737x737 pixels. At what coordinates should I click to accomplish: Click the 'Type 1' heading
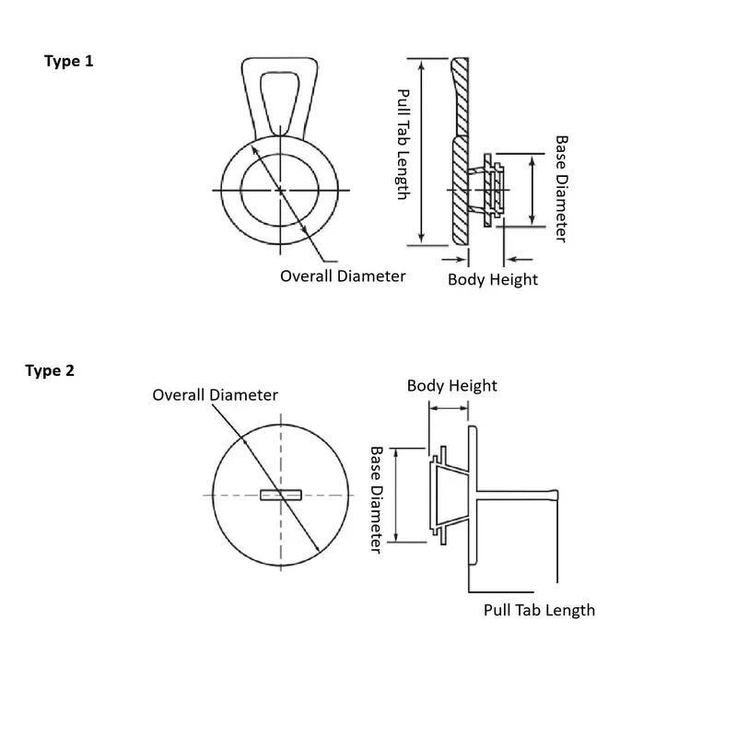coord(68,62)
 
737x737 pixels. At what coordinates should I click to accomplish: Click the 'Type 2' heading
coord(50,371)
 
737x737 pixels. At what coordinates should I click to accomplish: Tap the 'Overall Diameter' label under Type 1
coord(343,275)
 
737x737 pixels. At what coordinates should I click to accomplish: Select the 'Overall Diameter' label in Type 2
coord(215,395)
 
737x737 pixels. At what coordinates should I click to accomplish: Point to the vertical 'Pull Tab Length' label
coord(404,145)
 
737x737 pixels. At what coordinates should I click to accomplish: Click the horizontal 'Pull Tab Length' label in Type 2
coord(539,610)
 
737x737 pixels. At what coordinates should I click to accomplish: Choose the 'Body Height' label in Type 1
coord(493,279)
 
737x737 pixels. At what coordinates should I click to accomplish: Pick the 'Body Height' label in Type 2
coord(451,385)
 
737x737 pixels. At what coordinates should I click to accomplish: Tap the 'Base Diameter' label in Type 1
coord(562,189)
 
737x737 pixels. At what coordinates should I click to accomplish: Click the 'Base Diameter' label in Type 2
coord(376,499)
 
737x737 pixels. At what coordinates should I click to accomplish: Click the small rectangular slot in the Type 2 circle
coord(281,495)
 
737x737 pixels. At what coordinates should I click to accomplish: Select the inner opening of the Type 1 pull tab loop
coord(280,102)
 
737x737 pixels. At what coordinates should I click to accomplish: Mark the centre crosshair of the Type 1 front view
coord(281,191)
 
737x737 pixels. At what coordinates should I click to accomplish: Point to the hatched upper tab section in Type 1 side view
coord(461,97)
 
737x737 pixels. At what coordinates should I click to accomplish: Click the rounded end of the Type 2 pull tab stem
coord(556,495)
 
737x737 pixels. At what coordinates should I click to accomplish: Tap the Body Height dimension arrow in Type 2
coord(449,408)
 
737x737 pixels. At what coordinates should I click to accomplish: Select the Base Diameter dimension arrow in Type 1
coord(532,191)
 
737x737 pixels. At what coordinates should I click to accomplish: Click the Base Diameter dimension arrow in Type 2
coord(396,496)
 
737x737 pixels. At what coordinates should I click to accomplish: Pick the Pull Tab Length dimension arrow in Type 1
coord(422,152)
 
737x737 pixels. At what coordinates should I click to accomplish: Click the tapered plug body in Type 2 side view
coord(452,495)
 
